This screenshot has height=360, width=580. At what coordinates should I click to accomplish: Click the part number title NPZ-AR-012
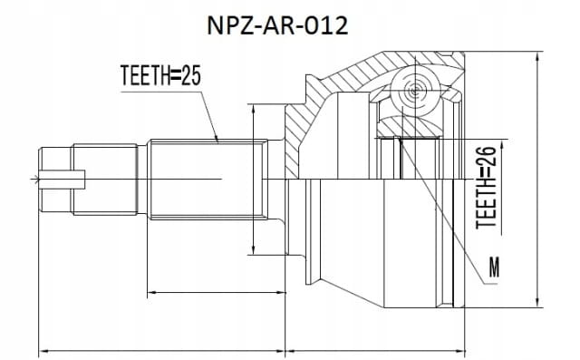pos(277,26)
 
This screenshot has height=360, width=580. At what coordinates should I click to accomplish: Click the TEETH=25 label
pos(160,75)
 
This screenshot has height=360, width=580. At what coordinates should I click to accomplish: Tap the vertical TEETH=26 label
pos(486,187)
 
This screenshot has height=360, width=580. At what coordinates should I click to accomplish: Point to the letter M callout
pos(494,268)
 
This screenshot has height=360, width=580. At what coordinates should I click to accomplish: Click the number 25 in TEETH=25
pos(191,75)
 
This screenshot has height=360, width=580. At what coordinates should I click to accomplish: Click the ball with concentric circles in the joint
pos(413,90)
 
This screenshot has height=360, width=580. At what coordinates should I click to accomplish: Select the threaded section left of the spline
pos(105,180)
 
